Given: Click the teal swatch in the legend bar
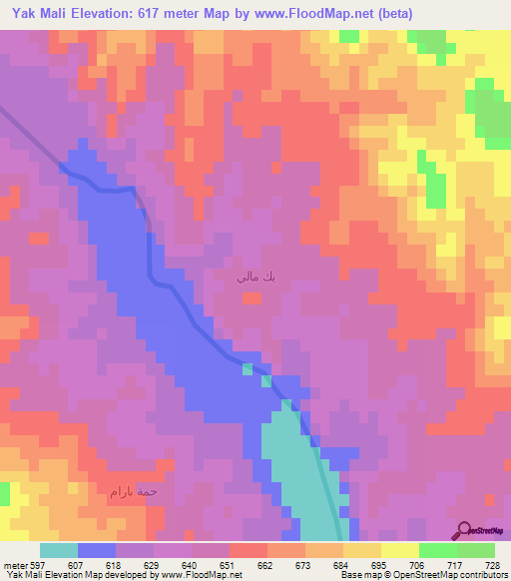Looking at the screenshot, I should click(x=59, y=550).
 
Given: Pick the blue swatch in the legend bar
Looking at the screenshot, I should click(x=97, y=550).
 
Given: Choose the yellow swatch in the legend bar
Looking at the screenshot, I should click(x=400, y=550).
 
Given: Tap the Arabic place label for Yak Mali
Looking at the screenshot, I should click(x=249, y=277).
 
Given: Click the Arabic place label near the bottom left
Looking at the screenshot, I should click(x=135, y=492).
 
